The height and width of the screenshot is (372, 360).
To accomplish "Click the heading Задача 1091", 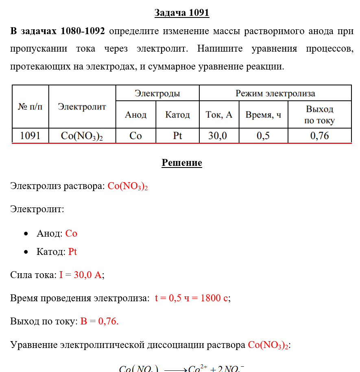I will tap(181, 13).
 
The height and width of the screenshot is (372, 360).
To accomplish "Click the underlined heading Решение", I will tap(182, 163).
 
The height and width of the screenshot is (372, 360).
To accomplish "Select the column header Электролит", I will tap(82, 107).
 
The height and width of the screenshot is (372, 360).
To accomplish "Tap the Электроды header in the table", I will tap(157, 94).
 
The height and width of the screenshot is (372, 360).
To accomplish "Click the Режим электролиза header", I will tap(275, 94).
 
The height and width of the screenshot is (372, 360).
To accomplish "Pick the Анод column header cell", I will tap(135, 115).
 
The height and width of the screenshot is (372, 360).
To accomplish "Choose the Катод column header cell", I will tap(177, 115).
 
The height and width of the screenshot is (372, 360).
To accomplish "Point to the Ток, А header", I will tap(219, 115).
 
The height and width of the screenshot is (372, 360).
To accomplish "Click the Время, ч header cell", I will tap(263, 115).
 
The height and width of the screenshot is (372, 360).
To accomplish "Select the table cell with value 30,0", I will tap(218, 136).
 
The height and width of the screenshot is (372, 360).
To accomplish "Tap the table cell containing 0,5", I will tap(263, 136).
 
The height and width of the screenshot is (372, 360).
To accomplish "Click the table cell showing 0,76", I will tap(319, 136).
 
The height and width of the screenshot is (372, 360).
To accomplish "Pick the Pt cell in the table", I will tap(177, 136).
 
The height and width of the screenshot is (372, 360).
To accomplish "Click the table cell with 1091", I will tap(30, 136).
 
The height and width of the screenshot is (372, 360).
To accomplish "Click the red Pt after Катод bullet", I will tap(72, 252).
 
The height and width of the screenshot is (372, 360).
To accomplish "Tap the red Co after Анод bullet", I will tap(71, 234).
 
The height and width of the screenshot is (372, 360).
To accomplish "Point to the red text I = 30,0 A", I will tap(81, 275).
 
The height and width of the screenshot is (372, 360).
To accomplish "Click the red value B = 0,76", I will tap(99, 322).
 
